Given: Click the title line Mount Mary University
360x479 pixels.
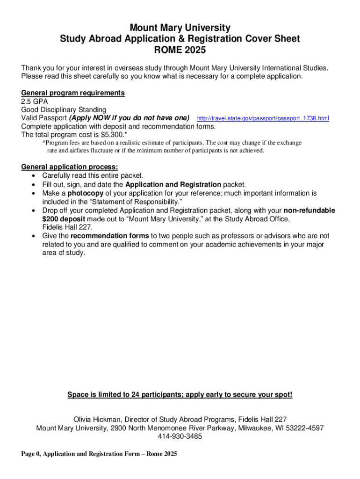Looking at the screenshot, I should (x=180, y=28).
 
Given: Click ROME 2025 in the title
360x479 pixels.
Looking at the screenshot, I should (x=180, y=50).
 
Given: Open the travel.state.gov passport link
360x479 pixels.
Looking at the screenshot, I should (x=263, y=118).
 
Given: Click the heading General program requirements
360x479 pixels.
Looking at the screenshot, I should (x=73, y=93).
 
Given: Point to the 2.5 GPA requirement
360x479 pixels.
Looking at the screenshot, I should (x=35, y=102).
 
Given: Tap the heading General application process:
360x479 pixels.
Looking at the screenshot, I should (x=70, y=167).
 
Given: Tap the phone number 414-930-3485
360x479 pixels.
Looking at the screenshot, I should (x=180, y=436).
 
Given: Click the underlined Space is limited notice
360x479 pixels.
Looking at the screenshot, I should (x=180, y=395).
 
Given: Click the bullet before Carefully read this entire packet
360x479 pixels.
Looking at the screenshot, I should (x=34, y=176).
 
